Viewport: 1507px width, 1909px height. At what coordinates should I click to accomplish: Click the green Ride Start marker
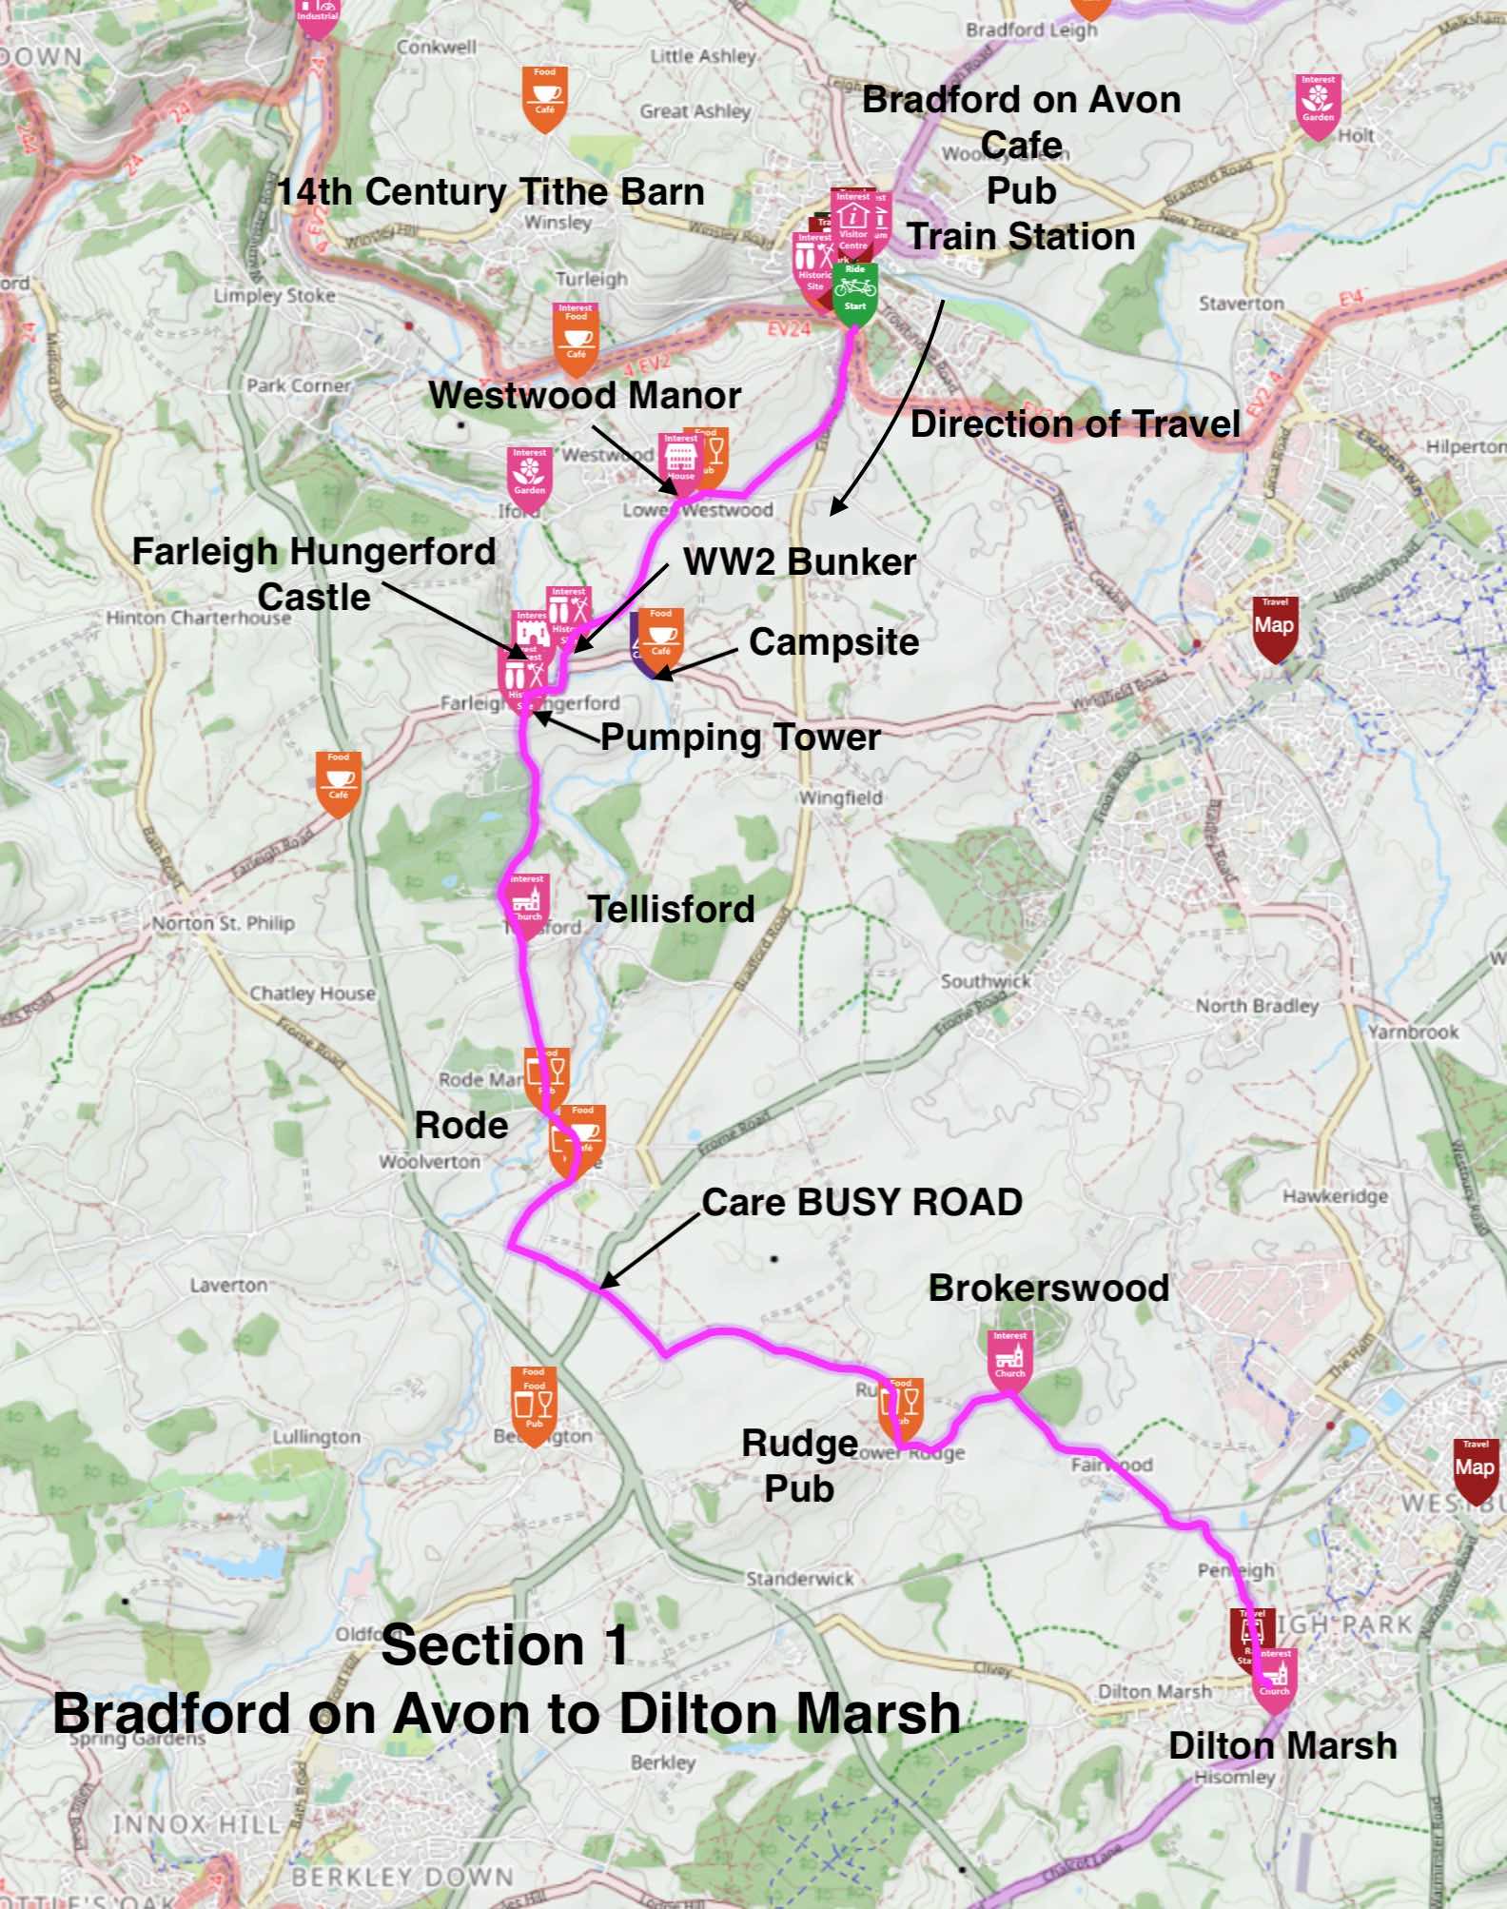click(x=855, y=291)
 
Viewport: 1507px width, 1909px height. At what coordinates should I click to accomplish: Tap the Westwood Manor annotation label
click(x=584, y=396)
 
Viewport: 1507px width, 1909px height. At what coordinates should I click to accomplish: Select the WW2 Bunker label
click(x=799, y=561)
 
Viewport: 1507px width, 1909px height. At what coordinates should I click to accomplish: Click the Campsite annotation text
click(x=833, y=642)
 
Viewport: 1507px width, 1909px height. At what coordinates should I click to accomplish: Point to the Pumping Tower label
click(x=740, y=738)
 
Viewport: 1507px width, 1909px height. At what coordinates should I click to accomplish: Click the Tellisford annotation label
click(x=671, y=909)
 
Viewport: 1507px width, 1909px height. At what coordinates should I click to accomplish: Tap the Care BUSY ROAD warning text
click(x=862, y=1202)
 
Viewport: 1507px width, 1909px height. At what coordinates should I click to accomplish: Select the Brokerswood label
click(x=1048, y=1289)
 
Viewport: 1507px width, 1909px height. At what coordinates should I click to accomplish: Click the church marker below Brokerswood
click(x=1009, y=1357)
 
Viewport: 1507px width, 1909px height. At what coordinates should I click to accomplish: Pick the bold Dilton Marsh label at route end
click(x=1282, y=1746)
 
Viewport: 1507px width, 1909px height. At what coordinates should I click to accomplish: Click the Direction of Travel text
click(x=1075, y=424)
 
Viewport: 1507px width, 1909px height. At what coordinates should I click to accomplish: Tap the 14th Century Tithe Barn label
click(x=490, y=192)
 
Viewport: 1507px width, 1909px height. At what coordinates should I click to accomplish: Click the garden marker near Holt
click(x=1318, y=103)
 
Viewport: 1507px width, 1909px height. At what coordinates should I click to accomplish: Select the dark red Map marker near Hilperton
click(x=1274, y=627)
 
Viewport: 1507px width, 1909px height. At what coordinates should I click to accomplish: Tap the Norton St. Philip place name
click(x=224, y=923)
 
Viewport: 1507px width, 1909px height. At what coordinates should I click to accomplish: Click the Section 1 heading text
click(x=505, y=1645)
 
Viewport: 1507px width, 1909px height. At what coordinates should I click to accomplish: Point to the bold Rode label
click(x=461, y=1126)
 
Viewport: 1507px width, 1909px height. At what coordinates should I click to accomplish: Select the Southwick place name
click(x=986, y=980)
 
